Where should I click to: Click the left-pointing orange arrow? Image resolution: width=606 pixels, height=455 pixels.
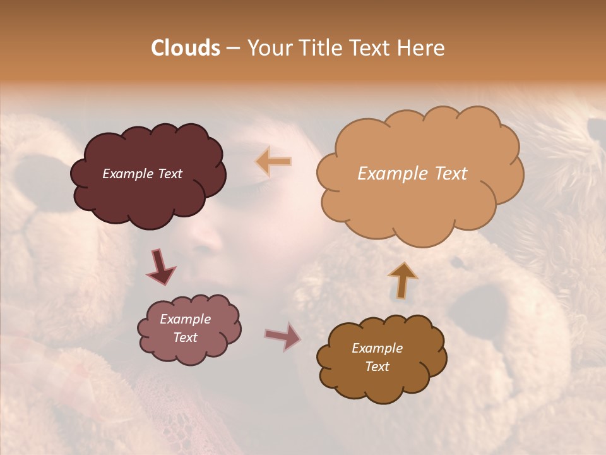(274, 162)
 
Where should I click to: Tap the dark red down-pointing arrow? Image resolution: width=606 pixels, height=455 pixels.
(161, 267)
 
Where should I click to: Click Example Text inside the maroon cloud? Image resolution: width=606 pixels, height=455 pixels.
(142, 174)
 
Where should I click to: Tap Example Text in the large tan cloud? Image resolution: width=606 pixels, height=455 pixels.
(412, 174)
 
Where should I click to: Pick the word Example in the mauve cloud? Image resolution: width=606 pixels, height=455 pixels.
(185, 319)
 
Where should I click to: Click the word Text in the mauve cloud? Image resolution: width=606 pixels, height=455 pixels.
(185, 337)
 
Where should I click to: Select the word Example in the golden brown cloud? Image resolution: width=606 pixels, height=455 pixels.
(377, 348)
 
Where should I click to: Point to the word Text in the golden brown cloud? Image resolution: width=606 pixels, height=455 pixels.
(377, 367)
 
